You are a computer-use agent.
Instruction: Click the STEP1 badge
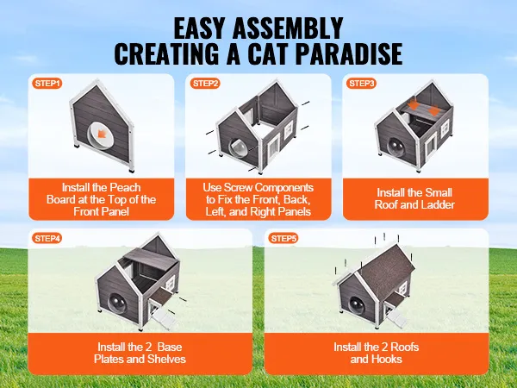[x=47, y=83]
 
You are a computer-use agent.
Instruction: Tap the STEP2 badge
[x=205, y=83]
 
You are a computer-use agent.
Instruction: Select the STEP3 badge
[x=361, y=83]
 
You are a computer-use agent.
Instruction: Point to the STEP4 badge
[x=47, y=238]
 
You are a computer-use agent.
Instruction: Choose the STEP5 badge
[x=283, y=238]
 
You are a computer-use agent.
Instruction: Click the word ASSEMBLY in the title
[x=288, y=28]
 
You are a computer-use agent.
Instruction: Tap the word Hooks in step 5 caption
[x=386, y=359]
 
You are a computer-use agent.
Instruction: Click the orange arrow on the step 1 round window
[x=101, y=133]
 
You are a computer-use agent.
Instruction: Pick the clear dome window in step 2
[x=238, y=149]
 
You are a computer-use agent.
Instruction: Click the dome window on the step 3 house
[x=396, y=147]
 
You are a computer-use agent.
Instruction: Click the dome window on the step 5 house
[x=357, y=304]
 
